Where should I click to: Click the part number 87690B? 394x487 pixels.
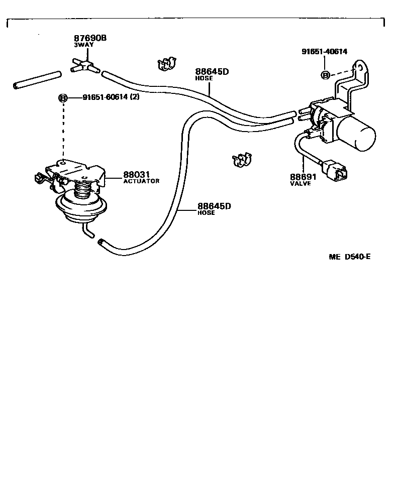91,38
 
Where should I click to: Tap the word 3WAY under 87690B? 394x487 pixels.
82,45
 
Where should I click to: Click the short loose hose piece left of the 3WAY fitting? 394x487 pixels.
37,81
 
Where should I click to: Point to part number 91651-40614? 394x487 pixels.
324,51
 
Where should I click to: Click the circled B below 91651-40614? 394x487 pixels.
325,75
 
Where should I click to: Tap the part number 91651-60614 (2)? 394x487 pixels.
111,97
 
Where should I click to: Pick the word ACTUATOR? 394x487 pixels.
141,181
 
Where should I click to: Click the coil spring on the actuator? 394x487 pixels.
84,191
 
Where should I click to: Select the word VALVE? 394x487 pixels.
301,183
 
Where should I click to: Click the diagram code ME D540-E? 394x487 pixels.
350,257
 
